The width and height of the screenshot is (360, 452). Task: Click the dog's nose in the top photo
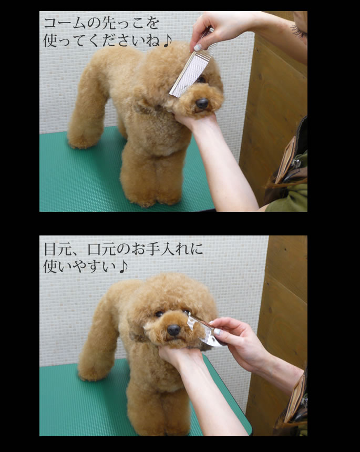[x=202, y=103]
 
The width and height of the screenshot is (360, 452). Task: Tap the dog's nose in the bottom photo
[x=173, y=330]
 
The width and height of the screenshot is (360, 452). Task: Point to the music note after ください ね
[x=168, y=41]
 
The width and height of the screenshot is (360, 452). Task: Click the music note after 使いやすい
[x=123, y=267]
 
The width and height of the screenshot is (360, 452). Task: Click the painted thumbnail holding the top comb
[x=198, y=47]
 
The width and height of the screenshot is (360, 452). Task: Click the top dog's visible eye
[x=201, y=79]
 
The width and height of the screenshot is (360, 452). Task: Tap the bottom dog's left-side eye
[x=159, y=314]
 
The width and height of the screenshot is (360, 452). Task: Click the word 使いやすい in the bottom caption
[x=79, y=267]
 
